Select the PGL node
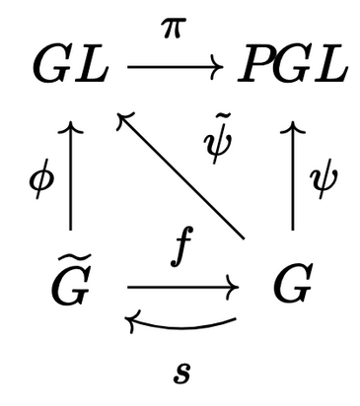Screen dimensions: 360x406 point(293,67)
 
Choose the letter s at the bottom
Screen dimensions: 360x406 point(180,372)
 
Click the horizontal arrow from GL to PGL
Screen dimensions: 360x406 point(180,67)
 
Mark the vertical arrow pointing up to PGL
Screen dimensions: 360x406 point(293,177)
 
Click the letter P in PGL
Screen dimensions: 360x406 point(255,67)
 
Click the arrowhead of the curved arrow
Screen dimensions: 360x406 point(131,318)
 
